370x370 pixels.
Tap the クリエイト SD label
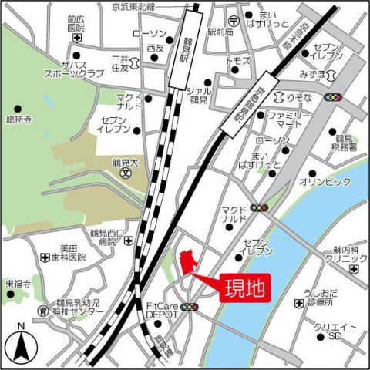point(333,332)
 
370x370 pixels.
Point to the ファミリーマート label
point(287,120)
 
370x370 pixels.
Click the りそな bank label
point(301,97)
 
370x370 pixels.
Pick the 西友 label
point(155,48)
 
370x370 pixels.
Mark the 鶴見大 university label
point(124,163)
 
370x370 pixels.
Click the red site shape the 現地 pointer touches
point(185,262)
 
